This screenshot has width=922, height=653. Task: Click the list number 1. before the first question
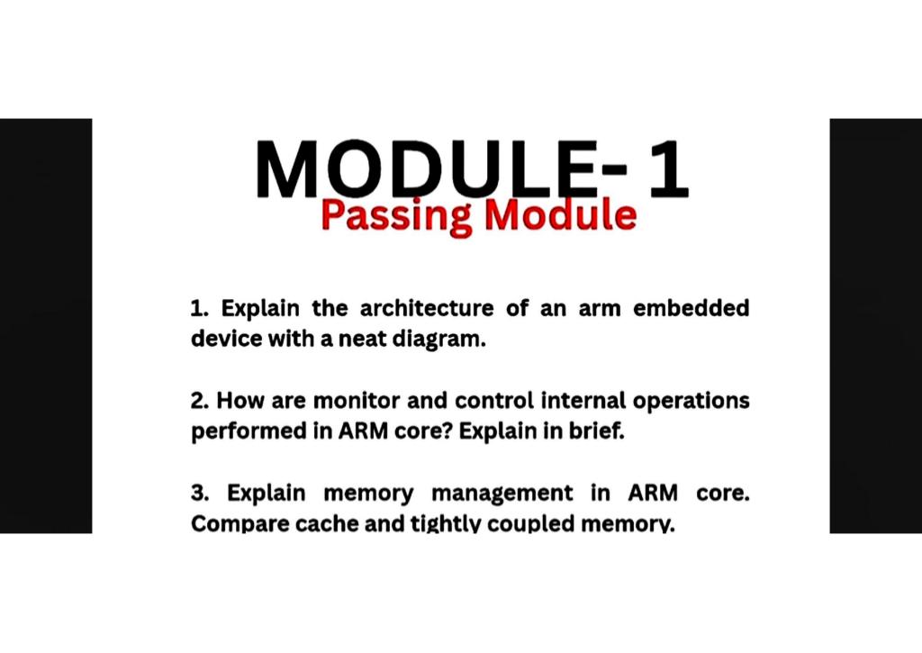click(x=200, y=309)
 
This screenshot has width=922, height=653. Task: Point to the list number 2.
click(x=200, y=400)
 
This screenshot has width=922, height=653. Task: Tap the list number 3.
click(x=200, y=494)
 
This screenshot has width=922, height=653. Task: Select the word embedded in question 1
click(x=691, y=309)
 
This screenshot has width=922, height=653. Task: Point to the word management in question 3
click(x=502, y=494)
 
